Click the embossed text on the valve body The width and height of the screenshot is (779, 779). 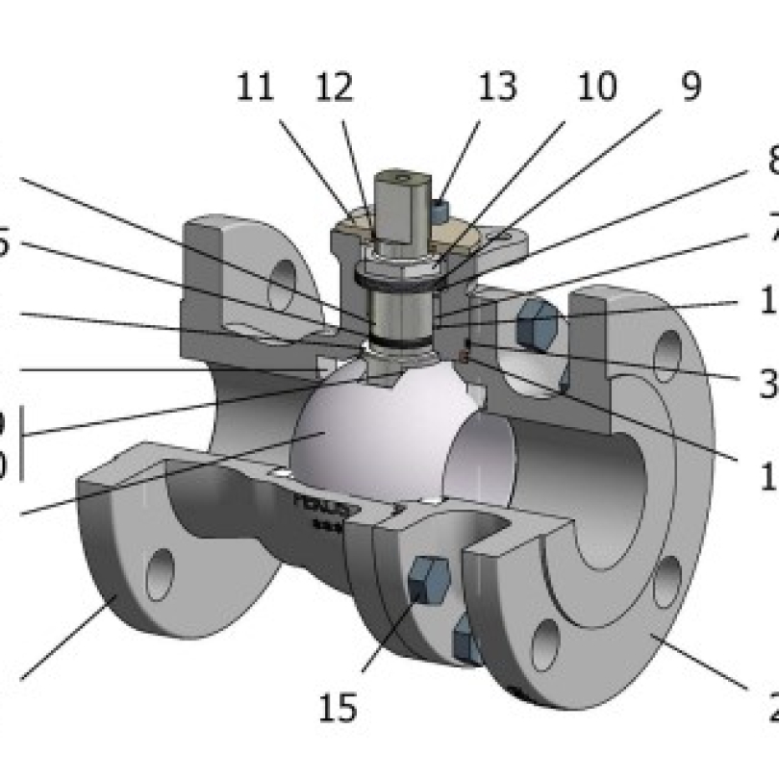tap(318, 506)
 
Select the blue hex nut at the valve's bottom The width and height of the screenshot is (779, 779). tap(465, 638)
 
